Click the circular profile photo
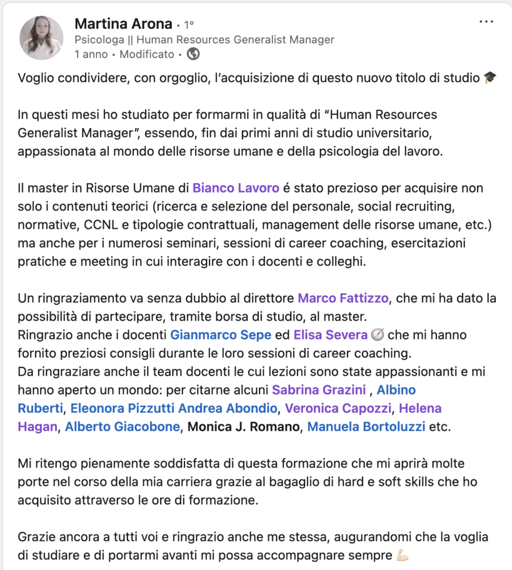coord(41,38)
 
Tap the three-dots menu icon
coord(486,22)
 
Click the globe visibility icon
coord(193,54)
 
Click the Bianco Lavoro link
coord(236,188)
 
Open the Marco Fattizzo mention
coord(343,298)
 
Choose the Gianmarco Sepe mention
coord(221,335)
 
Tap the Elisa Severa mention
coord(330,335)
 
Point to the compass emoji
coord(378,335)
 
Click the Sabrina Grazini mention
coord(319,390)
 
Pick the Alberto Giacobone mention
coord(122,427)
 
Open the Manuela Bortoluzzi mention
coord(366,427)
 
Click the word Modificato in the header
coord(147,54)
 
